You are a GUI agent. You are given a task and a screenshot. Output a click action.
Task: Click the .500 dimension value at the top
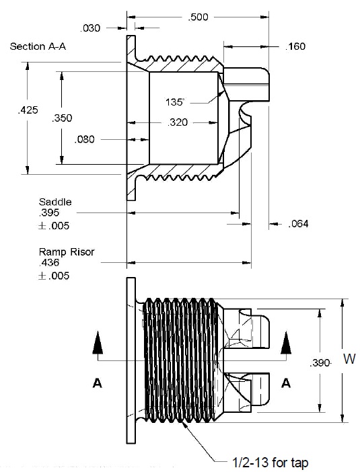point(198,17)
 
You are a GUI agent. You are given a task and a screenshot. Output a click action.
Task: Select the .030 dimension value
point(90,28)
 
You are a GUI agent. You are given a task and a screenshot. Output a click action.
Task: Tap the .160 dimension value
point(295,46)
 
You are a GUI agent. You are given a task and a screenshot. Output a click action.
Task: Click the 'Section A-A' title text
point(38,46)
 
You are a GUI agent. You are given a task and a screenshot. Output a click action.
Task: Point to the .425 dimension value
point(28,110)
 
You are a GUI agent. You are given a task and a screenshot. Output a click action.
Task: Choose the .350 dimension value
point(62,118)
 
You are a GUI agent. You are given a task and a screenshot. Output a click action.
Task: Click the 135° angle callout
point(174,102)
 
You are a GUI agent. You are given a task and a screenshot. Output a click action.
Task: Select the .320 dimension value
point(178,122)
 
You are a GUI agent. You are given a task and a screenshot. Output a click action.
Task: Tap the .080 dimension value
point(84,139)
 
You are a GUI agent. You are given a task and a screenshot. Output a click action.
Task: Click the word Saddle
point(55,202)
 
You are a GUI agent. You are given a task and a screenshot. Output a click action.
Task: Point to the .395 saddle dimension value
point(49,212)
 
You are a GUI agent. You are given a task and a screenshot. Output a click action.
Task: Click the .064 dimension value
point(298,224)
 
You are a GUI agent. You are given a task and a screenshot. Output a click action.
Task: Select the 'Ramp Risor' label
point(67,251)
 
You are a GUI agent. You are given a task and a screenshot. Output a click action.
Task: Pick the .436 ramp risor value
point(49,262)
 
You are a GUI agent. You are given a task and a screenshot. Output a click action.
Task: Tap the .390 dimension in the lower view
point(320,363)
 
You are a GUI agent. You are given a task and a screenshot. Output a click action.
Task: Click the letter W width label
point(349,359)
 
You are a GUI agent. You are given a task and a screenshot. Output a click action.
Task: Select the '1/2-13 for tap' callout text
point(271,463)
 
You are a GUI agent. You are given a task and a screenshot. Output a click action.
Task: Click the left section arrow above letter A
point(98,342)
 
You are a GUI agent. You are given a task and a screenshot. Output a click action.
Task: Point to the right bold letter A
point(285,383)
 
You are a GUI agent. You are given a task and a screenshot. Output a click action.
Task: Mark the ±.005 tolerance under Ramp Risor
point(54,276)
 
